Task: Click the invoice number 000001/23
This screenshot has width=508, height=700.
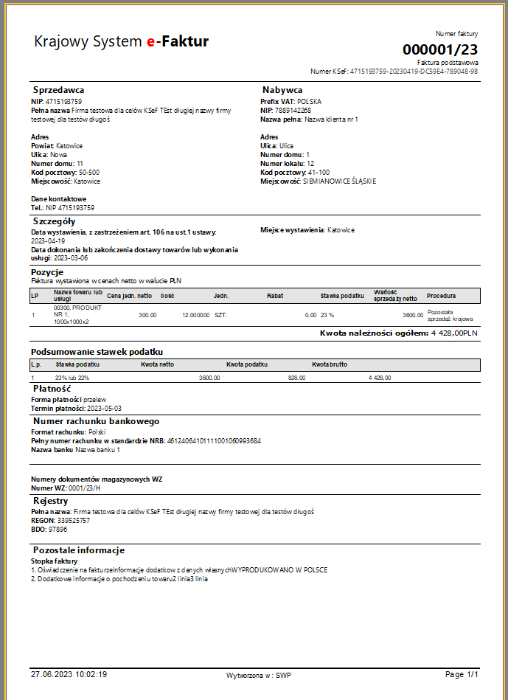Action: tap(440, 49)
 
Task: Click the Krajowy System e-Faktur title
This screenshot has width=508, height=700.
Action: tap(122, 42)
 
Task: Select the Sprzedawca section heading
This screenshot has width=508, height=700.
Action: tap(58, 90)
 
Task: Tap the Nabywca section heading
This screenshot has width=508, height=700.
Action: tap(282, 90)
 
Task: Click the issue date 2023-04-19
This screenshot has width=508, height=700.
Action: tap(48, 240)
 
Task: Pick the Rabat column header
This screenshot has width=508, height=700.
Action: tap(275, 296)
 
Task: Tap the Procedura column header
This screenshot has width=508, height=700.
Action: tap(441, 296)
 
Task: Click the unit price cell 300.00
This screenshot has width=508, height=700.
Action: tap(147, 315)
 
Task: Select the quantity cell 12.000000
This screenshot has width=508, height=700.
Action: tap(195, 315)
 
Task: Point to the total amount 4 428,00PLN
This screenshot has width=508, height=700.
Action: tap(454, 334)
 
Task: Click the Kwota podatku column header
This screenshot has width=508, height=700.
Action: tap(246, 364)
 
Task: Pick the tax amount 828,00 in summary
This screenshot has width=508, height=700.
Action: tap(296, 378)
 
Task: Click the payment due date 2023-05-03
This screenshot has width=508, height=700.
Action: tap(104, 408)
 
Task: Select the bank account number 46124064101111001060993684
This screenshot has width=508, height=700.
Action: tap(214, 441)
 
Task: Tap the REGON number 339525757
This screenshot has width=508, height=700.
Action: tap(73, 520)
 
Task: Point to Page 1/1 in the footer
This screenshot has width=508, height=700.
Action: tap(462, 674)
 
